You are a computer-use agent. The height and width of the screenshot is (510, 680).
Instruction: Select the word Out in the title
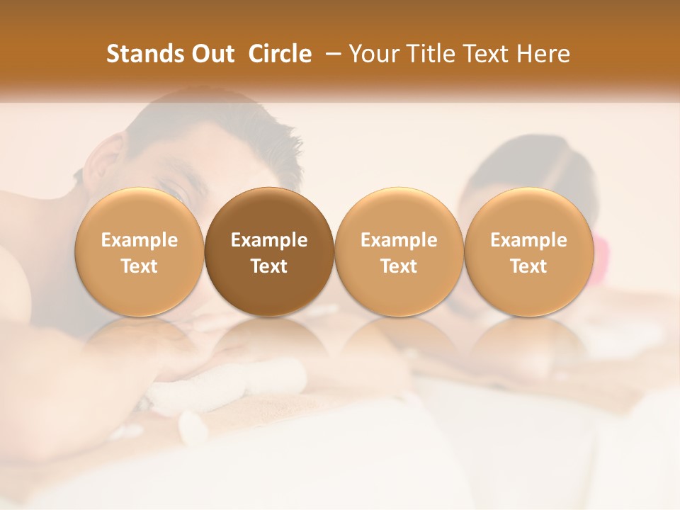212,54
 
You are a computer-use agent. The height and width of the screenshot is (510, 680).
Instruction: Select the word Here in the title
543,54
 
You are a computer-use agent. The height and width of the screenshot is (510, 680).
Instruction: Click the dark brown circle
269,251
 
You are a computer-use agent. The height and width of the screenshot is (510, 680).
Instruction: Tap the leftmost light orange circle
140,251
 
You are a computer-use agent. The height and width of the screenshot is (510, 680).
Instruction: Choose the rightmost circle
528,251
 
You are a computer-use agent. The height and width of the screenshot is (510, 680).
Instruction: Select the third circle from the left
399,251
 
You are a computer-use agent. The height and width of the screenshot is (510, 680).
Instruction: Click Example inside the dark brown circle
269,240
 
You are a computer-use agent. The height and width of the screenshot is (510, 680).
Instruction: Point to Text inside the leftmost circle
140,266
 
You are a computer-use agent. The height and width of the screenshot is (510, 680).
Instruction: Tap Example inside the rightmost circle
528,240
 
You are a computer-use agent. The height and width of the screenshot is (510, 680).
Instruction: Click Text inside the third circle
399,266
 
